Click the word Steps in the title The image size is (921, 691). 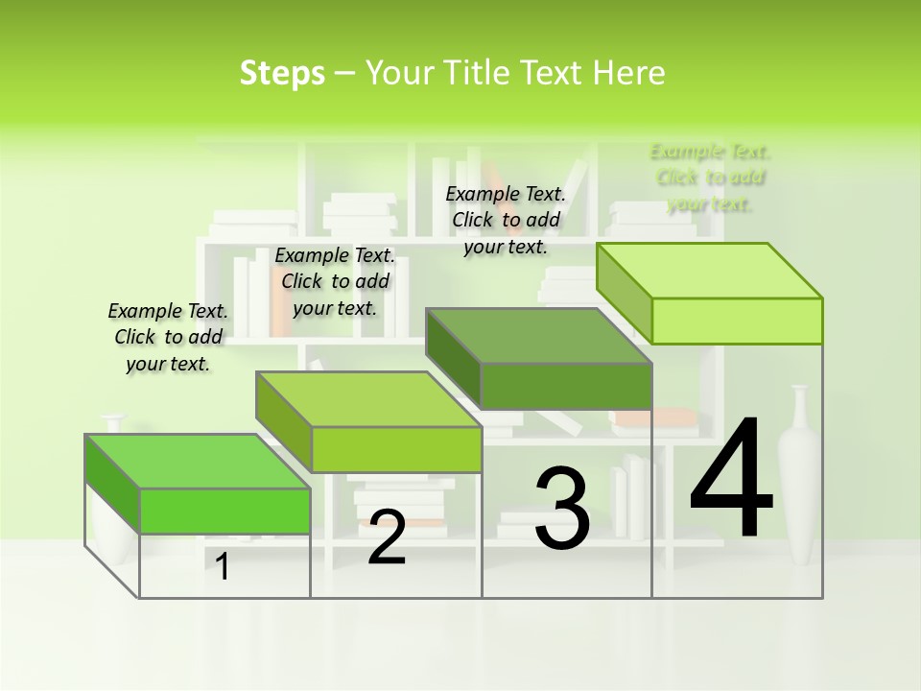click(282, 73)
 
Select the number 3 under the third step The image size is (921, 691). click(562, 509)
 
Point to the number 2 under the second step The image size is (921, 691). click(387, 538)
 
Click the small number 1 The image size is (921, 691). click(223, 567)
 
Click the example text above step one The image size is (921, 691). click(168, 337)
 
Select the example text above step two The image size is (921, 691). click(335, 281)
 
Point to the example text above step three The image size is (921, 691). click(506, 220)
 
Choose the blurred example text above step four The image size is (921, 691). click(710, 178)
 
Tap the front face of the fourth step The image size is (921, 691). click(737, 321)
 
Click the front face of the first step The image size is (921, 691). click(224, 511)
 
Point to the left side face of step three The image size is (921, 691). click(454, 356)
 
